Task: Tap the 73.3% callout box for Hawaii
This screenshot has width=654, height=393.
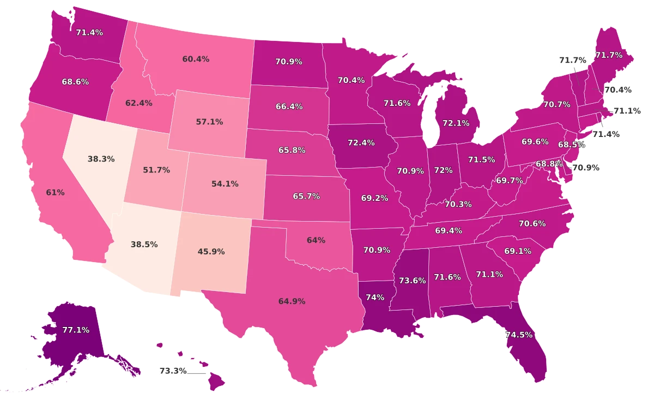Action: click(173, 371)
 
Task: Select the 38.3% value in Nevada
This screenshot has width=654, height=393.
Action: click(101, 159)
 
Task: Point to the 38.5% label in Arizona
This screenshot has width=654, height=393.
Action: click(144, 245)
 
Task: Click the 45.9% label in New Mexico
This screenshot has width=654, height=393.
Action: click(211, 252)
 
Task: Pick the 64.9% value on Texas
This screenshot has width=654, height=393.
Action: click(292, 301)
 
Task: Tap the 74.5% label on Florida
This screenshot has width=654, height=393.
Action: click(519, 335)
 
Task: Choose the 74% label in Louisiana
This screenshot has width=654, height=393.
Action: click(375, 297)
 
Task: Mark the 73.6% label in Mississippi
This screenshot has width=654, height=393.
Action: click(412, 281)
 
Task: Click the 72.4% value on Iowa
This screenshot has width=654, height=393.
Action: click(361, 142)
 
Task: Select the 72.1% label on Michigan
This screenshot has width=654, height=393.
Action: click(456, 123)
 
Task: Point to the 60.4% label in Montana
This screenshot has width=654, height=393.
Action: click(196, 59)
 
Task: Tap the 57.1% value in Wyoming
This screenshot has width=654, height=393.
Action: click(209, 122)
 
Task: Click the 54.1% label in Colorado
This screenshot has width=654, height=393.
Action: click(225, 184)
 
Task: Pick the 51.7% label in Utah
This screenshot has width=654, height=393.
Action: click(156, 170)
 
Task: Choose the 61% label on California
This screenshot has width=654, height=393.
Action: click(56, 192)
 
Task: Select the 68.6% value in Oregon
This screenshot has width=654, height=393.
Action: click(75, 81)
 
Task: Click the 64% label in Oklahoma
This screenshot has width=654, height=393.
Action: click(316, 240)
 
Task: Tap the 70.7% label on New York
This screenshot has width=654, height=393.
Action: click(556, 104)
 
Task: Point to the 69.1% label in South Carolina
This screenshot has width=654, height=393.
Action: click(518, 251)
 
